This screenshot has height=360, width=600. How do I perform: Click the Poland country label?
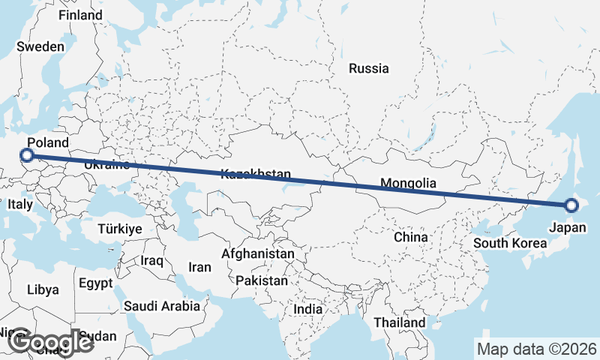tap(47, 142)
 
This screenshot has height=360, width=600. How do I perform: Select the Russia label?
tap(369, 68)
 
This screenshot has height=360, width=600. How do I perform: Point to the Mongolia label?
tap(408, 183)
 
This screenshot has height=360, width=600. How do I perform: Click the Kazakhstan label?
tap(256, 175)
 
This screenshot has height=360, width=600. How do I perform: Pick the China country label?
tap(411, 237)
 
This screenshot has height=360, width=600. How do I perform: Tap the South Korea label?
tap(510, 243)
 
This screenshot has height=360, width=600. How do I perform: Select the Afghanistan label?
tap(258, 254)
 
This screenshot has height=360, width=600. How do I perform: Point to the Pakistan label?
tap(262, 280)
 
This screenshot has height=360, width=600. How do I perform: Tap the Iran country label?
tap(199, 266)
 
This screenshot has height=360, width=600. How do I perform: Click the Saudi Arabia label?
tap(162, 306)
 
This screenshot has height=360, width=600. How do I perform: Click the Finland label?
tap(80, 15)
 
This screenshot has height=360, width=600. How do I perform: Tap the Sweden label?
tap(40, 46)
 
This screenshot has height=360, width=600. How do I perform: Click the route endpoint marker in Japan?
tap(571, 205)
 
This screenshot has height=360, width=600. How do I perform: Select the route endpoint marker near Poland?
tap(27, 155)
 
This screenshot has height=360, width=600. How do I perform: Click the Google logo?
tap(50, 342)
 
